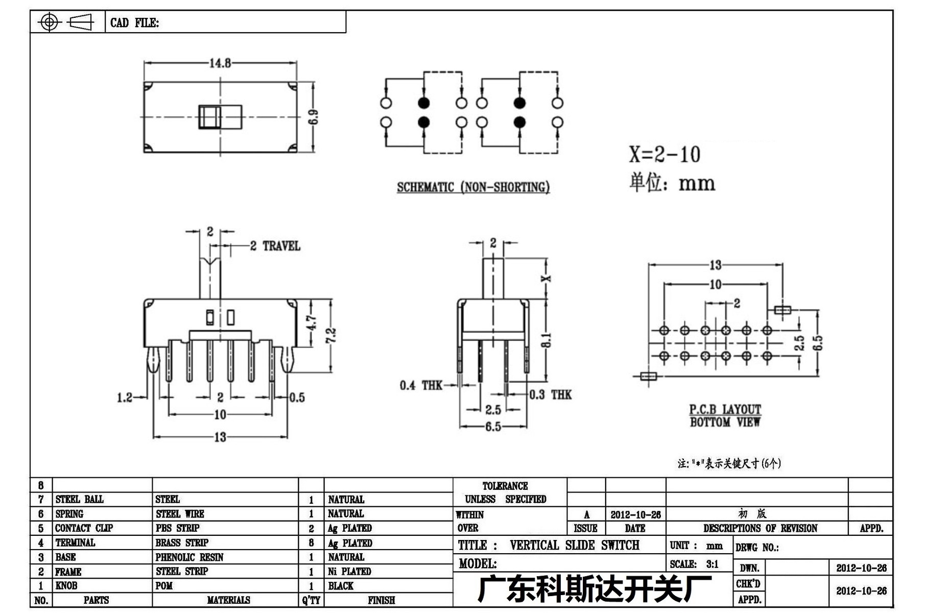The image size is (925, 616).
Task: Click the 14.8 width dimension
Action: tap(220, 63)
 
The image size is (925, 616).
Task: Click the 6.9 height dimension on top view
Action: tap(314, 117)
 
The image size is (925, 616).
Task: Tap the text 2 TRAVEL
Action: tap(275, 246)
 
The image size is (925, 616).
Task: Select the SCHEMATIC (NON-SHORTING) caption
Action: tap(473, 187)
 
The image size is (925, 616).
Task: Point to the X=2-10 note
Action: tap(665, 154)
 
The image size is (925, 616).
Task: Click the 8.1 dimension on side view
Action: tap(547, 340)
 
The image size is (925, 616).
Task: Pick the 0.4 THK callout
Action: tap(421, 385)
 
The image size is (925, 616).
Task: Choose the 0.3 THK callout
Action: tap(550, 395)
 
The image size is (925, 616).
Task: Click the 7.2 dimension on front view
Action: tap(331, 335)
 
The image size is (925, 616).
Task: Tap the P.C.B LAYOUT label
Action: tap(725, 409)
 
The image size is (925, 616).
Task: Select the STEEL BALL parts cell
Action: tap(79, 499)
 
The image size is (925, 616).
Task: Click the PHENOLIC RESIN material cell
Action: tap(189, 557)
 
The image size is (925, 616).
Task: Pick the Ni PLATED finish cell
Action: tap(349, 572)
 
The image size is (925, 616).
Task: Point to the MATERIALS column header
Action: tap(228, 600)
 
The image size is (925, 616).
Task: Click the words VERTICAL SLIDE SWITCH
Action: tap(574, 545)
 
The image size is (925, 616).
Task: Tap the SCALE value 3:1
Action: tap(713, 564)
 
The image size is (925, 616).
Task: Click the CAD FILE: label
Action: tap(134, 23)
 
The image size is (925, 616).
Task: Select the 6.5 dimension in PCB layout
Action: tap(818, 342)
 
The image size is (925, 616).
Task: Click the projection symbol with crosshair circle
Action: tap(49, 22)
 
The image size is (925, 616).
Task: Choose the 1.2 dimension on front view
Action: tap(125, 398)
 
